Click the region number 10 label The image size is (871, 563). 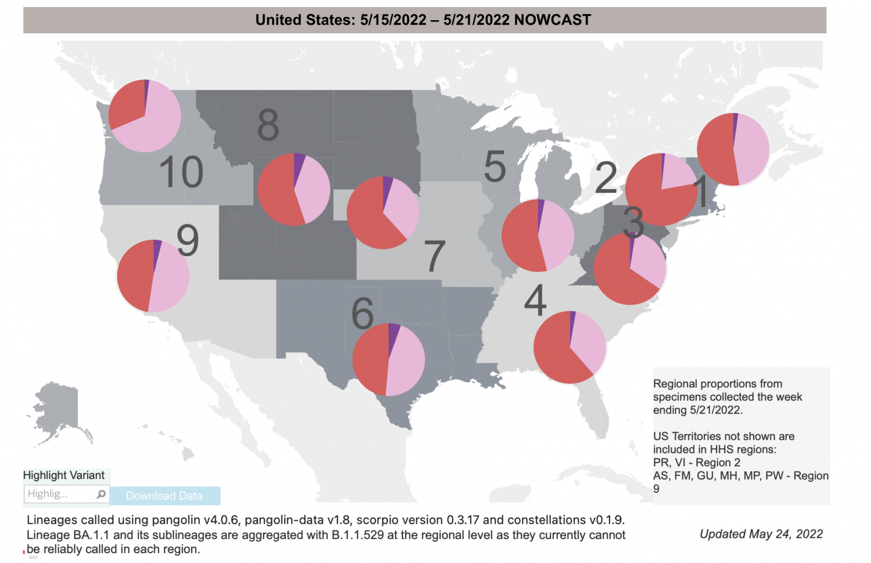[181, 172]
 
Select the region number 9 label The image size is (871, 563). [188, 240]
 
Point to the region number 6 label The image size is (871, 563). [363, 314]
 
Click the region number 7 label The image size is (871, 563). [434, 256]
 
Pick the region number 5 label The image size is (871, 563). [495, 166]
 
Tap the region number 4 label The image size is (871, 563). [535, 300]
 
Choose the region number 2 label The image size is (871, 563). [606, 178]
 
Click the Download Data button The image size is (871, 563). [164, 496]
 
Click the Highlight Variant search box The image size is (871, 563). [60, 494]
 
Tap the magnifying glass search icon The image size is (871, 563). [101, 494]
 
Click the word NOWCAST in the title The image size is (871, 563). [553, 20]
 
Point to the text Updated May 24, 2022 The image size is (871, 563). [761, 534]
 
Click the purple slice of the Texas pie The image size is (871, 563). [394, 332]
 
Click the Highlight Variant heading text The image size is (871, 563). [64, 475]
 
